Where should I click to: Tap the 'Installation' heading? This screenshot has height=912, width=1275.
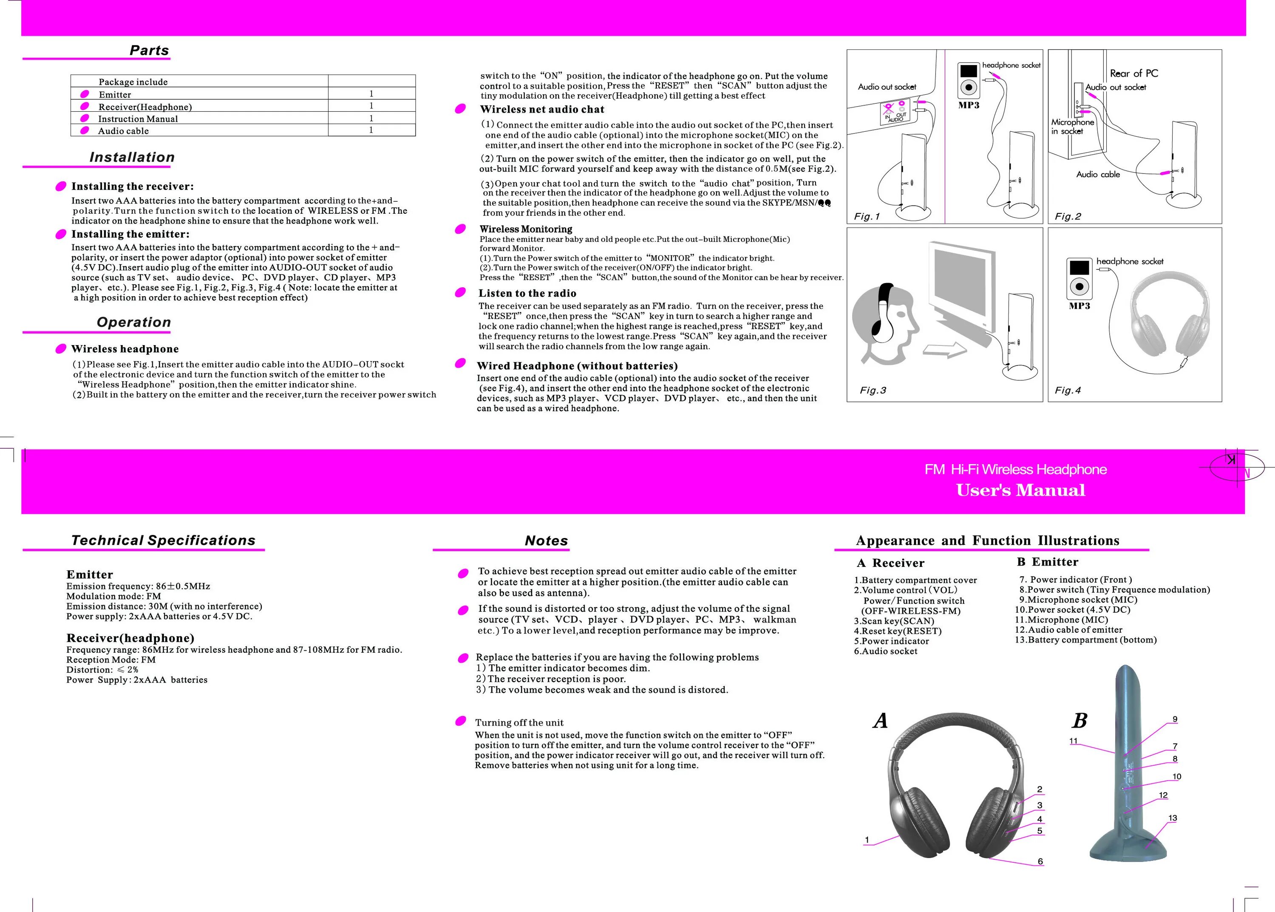pyautogui.click(x=132, y=157)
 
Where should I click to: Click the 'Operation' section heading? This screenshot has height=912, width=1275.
pyautogui.click(x=134, y=322)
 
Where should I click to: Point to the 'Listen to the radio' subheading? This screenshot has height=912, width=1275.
pyautogui.click(x=527, y=293)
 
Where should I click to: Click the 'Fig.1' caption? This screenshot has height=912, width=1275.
pyautogui.click(x=867, y=217)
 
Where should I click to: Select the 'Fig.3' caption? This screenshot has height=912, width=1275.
pyautogui.click(x=873, y=390)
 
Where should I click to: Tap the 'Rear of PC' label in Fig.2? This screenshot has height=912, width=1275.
pyautogui.click(x=1133, y=74)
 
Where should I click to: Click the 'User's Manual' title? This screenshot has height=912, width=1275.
pyautogui.click(x=1020, y=490)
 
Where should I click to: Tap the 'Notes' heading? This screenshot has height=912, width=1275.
pyautogui.click(x=546, y=541)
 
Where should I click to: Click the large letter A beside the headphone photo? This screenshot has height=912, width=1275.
pyautogui.click(x=880, y=720)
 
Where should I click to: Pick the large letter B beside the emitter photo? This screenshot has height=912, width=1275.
pyautogui.click(x=1079, y=720)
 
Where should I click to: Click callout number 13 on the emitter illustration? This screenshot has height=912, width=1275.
pyautogui.click(x=1172, y=818)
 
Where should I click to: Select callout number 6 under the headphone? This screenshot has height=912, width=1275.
pyautogui.click(x=1040, y=861)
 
